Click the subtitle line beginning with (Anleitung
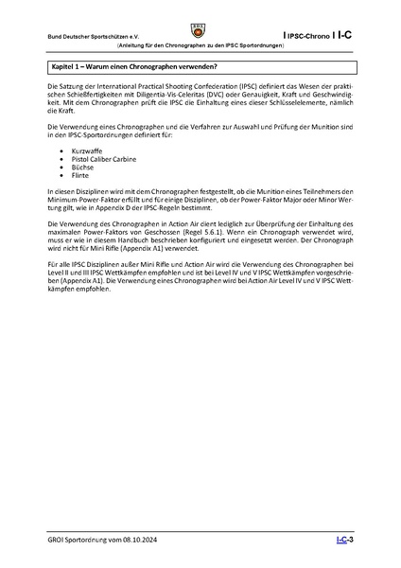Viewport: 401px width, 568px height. (x=200, y=44)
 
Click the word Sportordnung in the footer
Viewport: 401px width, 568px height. (x=90, y=540)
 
